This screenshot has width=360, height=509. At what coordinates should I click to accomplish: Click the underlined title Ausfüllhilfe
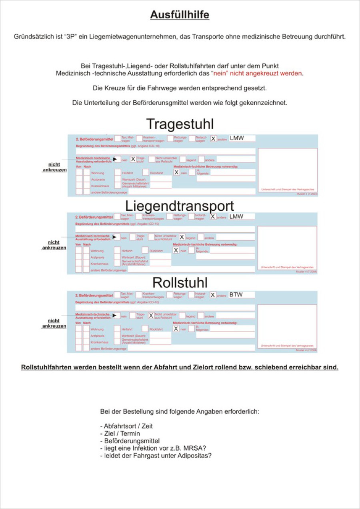[180, 15]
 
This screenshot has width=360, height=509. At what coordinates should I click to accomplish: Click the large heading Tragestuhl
[180, 124]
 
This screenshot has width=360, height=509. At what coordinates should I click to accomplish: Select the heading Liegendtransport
[180, 206]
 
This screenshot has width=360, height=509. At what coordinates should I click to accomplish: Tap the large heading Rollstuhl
[180, 283]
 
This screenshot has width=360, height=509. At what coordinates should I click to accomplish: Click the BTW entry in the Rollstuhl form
[236, 295]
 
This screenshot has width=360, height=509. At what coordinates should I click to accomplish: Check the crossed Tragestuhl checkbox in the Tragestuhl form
[133, 159]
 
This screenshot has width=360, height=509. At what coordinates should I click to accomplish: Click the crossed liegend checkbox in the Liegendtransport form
[182, 237]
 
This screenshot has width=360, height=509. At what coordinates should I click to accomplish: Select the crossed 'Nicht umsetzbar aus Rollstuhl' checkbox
[151, 315]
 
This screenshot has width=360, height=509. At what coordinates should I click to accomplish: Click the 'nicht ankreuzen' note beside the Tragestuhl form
[54, 167]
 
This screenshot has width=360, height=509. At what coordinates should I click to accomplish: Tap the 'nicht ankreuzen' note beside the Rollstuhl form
[54, 323]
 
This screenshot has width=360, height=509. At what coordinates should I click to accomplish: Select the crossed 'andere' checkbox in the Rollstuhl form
[213, 295]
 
